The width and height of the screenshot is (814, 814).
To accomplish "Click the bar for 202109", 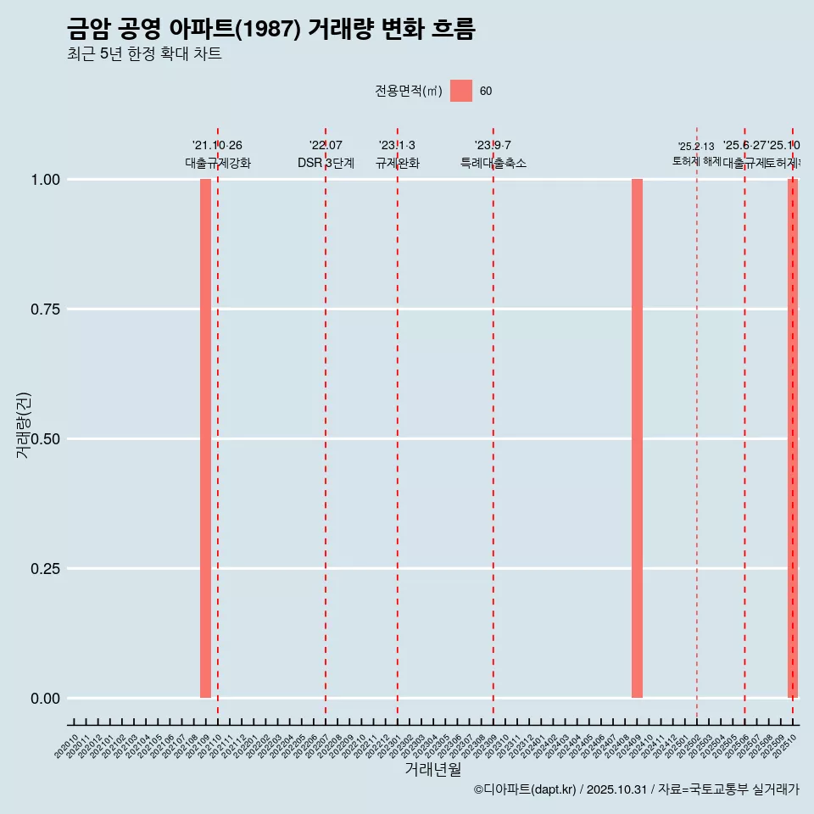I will point(205,438).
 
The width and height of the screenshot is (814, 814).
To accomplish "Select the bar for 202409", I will point(637,438).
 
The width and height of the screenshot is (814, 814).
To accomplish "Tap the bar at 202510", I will point(793,438).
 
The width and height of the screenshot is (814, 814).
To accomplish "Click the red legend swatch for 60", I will point(461,91).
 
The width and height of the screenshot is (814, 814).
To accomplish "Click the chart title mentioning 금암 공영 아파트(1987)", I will point(270,30).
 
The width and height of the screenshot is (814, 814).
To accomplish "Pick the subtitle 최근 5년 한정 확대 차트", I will point(144,54).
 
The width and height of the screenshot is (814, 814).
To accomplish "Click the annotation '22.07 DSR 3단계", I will point(326,154).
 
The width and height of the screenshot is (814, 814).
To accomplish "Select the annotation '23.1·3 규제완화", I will point(397,154).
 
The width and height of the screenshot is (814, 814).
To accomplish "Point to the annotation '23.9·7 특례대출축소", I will point(493,154).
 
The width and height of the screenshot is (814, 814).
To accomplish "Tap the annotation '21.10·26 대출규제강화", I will point(217,154).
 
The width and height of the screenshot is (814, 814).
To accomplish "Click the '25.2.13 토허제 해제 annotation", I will point(696,153).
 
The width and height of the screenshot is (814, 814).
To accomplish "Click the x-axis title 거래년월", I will point(432,769).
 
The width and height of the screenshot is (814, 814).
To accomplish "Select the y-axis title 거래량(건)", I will point(23,425).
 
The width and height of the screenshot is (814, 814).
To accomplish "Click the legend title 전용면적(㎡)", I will point(408,92).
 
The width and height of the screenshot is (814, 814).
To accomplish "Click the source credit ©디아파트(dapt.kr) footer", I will point(636,789).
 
